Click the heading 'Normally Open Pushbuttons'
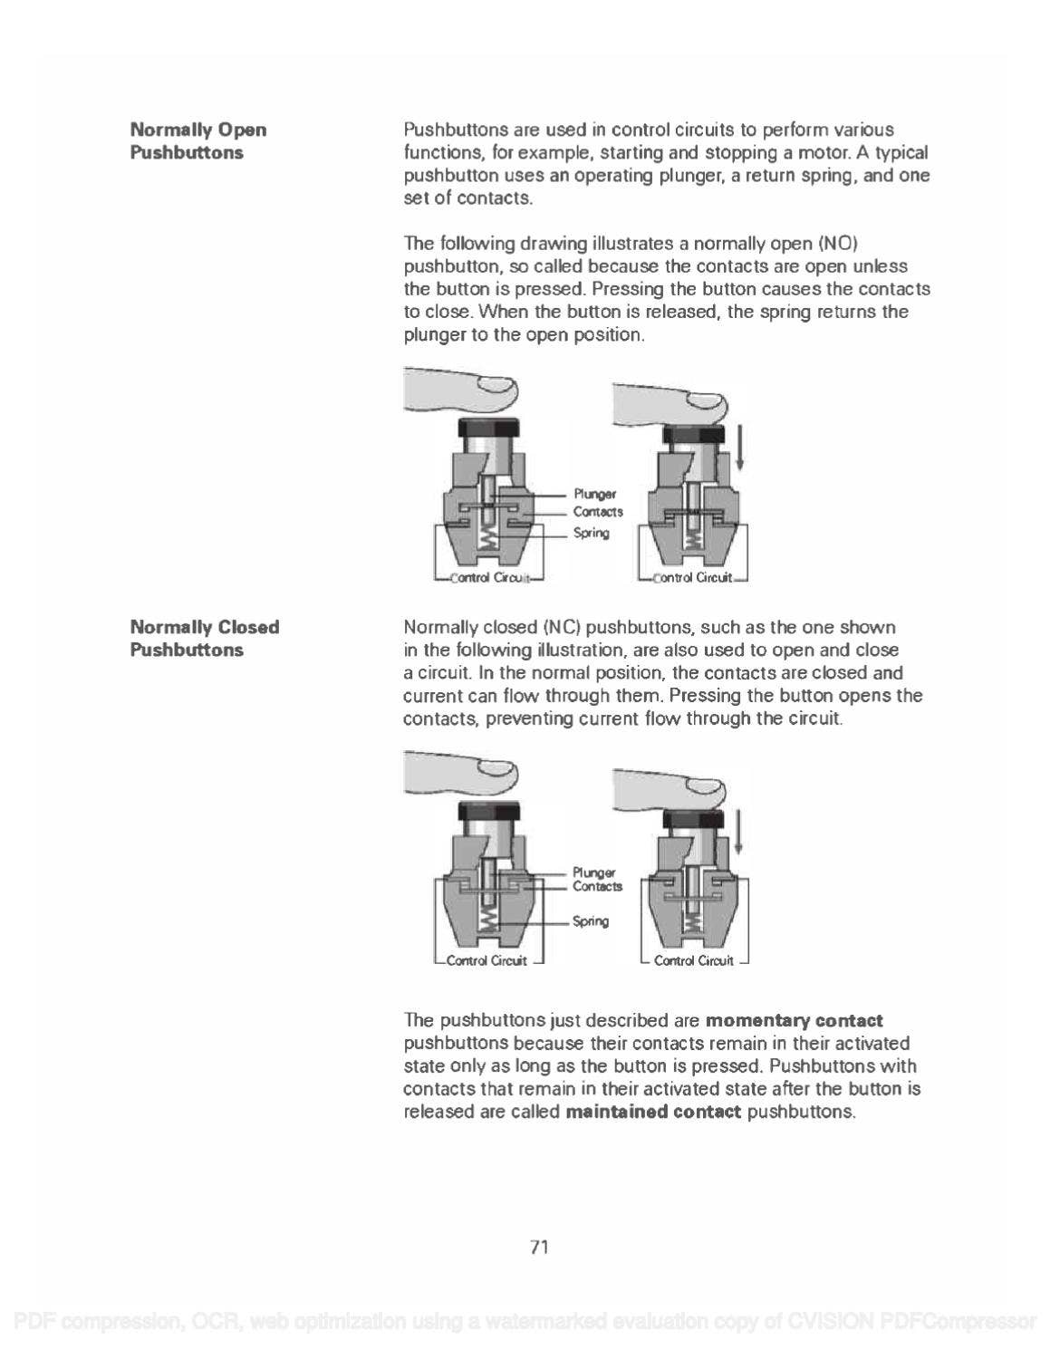point(198,140)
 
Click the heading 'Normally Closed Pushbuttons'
point(205,638)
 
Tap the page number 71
point(539,1248)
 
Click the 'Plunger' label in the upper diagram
point(594,494)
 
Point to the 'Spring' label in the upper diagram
point(591,533)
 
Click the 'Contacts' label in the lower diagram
point(597,887)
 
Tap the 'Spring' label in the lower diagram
point(591,921)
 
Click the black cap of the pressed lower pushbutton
point(693,820)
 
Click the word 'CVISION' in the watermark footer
point(830,1321)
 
